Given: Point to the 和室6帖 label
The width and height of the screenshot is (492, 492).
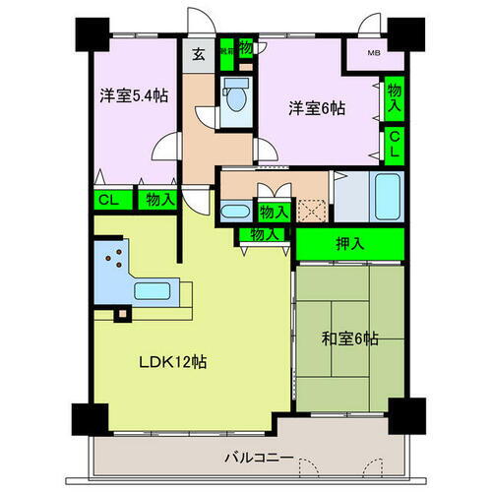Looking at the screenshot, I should (349, 339).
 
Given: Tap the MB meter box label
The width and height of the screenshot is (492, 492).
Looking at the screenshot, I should (375, 53).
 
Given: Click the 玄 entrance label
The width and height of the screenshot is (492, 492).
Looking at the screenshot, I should (197, 53).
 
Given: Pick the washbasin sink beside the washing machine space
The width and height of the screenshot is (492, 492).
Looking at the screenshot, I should (234, 211).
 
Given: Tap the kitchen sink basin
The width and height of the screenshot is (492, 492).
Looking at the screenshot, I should (154, 292).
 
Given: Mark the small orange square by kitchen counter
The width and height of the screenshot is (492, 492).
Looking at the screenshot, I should (121, 315).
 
